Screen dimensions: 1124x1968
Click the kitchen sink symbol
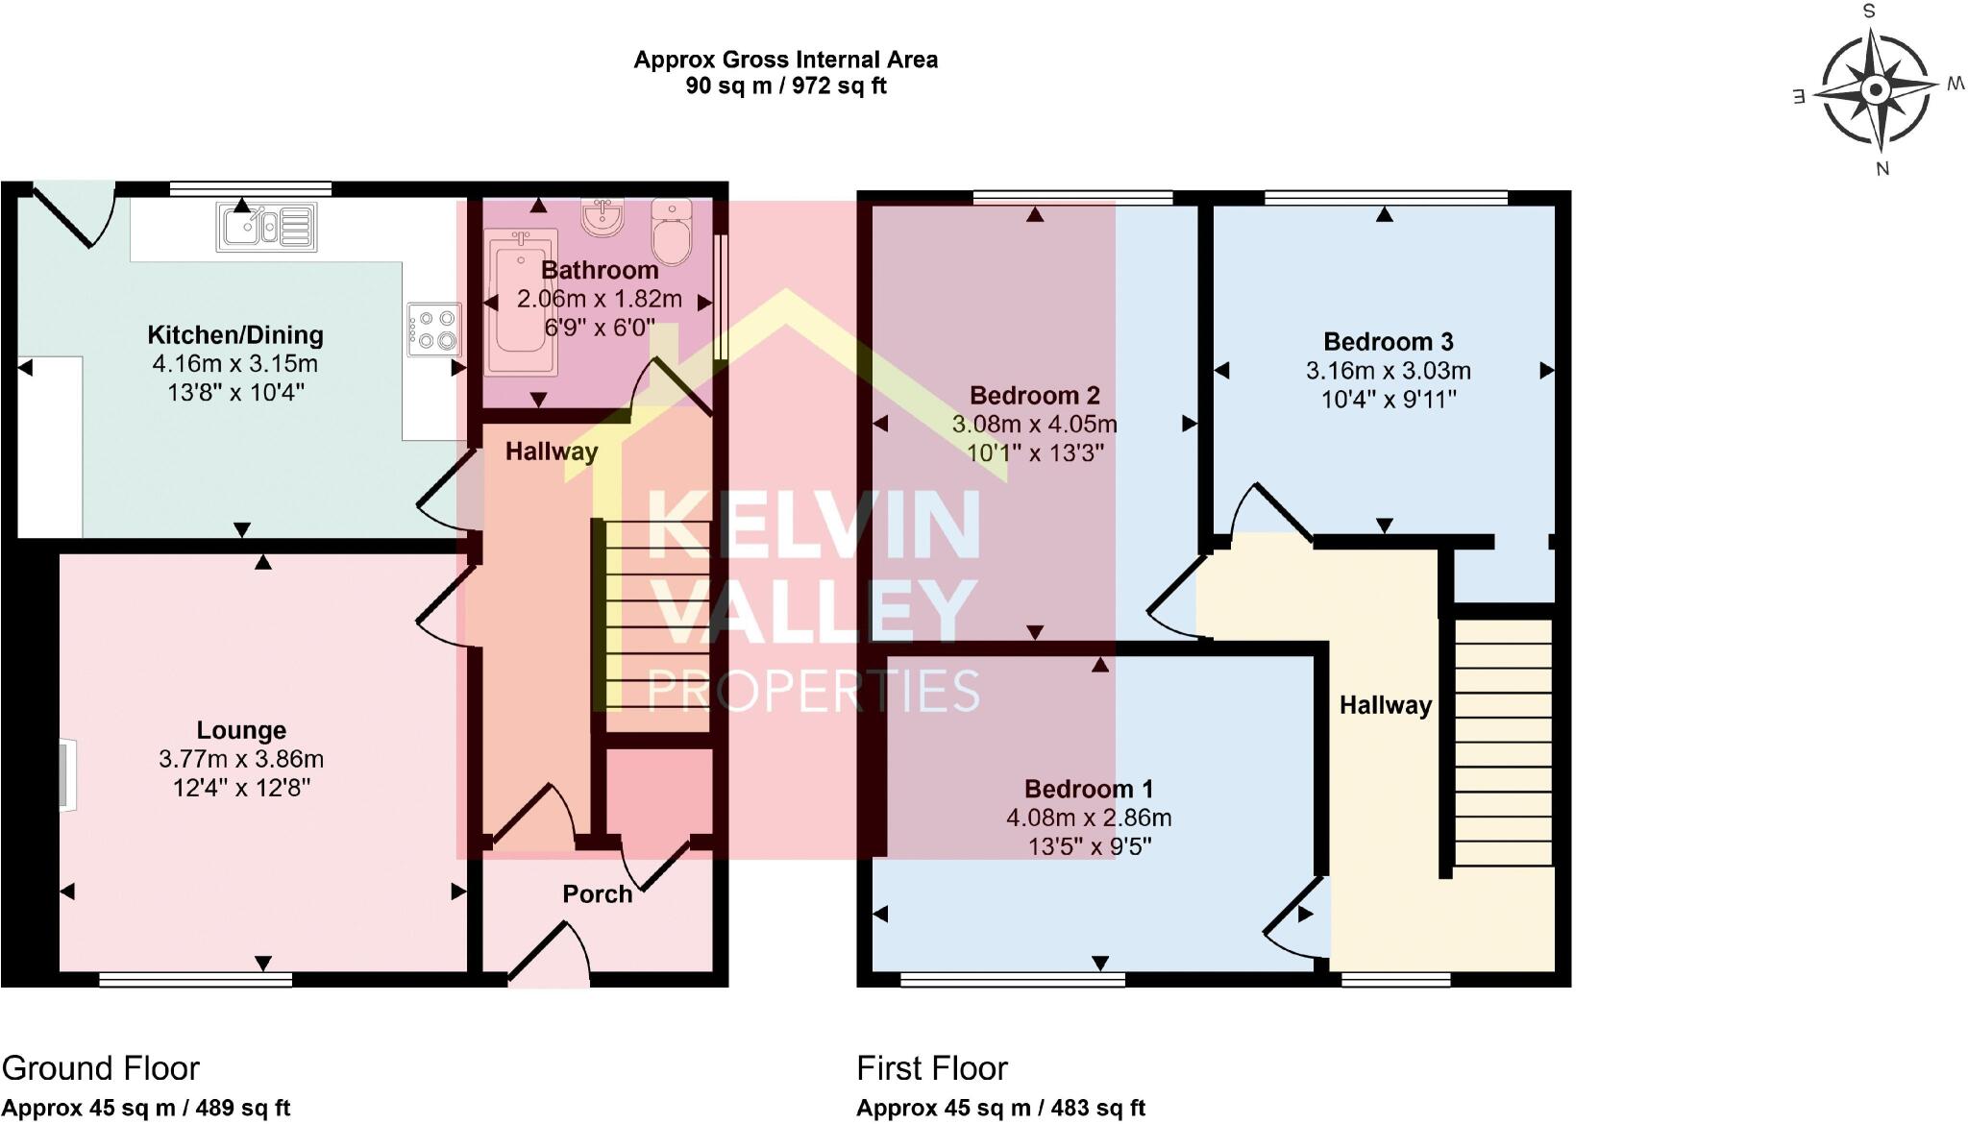[x=266, y=227]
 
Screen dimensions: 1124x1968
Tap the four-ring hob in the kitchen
[x=434, y=329]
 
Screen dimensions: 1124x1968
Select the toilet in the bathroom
[x=671, y=231]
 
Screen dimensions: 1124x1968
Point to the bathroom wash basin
[x=603, y=217]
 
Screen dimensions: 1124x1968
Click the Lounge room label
[x=241, y=730]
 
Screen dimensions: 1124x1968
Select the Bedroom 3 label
[x=1388, y=341]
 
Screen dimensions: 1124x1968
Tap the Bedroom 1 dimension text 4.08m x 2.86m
[x=1088, y=819]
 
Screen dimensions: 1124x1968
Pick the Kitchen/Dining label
[x=235, y=335]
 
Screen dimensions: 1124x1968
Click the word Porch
[x=597, y=894]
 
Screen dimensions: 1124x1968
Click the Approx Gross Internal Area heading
[x=785, y=60]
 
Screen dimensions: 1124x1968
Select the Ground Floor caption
[x=101, y=1068]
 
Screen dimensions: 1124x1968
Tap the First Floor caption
[x=931, y=1068]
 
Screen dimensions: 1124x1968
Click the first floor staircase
[x=1503, y=742]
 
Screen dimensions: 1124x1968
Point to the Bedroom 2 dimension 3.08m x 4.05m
[x=1034, y=424]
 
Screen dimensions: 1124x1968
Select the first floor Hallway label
[x=1385, y=705]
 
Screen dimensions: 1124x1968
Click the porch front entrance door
[x=546, y=955]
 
